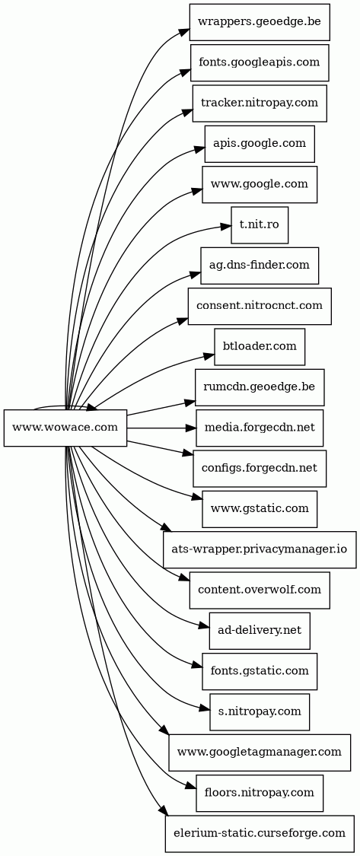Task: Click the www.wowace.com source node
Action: tap(65, 428)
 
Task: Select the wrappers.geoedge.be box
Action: tap(260, 22)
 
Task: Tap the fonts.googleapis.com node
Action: tap(260, 63)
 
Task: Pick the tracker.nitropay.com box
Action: tap(260, 103)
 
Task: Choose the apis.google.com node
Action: tap(260, 144)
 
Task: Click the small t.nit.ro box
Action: tap(260, 225)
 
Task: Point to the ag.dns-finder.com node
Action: tap(260, 266)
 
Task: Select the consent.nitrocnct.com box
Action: tap(260, 307)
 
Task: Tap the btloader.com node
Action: tap(260, 347)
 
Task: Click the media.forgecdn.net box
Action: tap(260, 428)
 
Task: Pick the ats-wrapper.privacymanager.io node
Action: tap(260, 549)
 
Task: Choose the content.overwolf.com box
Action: tap(260, 590)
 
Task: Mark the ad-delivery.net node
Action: tap(260, 631)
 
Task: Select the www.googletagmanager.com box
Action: tap(260, 753)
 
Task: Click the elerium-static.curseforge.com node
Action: tap(260, 834)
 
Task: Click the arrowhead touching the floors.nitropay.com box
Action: tap(190, 788)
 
